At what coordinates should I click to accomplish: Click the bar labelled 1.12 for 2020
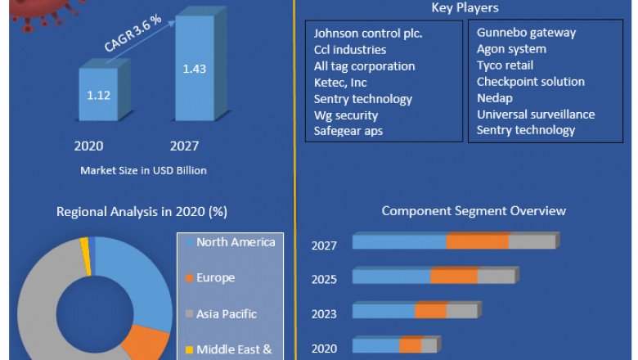98,95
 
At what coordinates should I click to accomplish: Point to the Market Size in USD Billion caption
143,170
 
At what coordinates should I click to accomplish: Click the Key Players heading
465,7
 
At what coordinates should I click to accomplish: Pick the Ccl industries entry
351,50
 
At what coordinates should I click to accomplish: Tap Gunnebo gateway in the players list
526,33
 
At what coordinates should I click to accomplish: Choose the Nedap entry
496,98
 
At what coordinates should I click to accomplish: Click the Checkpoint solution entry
530,82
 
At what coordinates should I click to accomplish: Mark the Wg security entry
346,115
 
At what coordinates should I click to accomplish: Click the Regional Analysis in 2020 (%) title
142,212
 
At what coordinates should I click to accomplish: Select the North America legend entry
236,241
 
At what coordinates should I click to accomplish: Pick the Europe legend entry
215,277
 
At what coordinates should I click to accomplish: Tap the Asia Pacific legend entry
227,313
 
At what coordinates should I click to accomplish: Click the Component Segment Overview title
474,211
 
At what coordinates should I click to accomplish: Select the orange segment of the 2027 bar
477,241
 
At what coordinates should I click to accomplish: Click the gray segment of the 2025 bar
496,277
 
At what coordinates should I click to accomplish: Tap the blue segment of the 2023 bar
384,312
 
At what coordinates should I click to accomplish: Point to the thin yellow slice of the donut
85,246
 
